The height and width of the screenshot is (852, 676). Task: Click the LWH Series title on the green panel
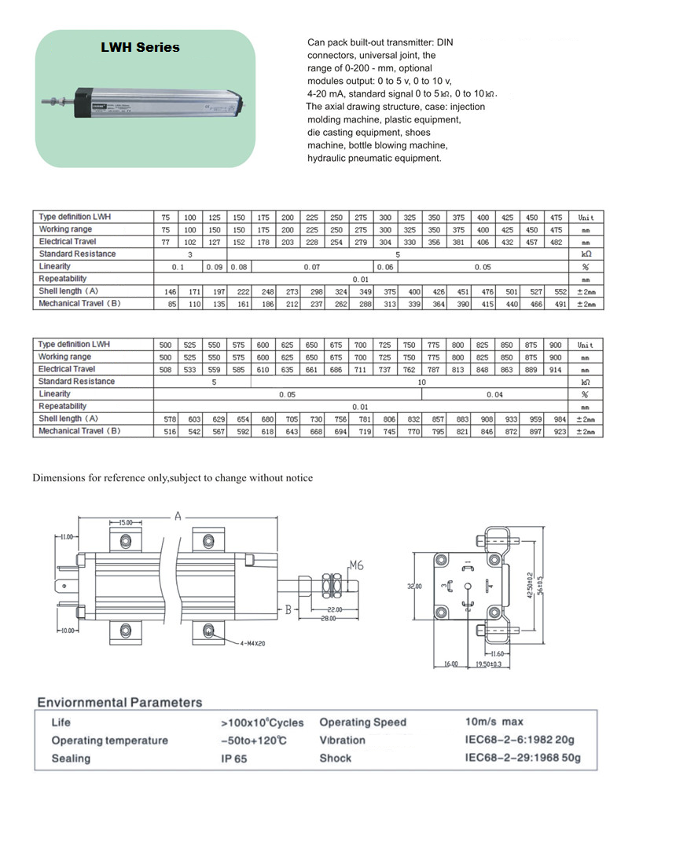click(140, 47)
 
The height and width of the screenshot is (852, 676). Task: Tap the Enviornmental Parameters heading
click(119, 702)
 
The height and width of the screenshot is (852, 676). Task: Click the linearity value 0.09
click(214, 266)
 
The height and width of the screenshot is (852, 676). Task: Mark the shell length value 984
click(560, 419)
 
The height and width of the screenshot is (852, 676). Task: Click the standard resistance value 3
click(189, 254)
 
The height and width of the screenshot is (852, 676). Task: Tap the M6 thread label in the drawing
click(356, 565)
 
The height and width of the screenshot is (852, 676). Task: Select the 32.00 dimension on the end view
click(413, 586)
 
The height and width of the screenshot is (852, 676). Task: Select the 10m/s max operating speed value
click(494, 721)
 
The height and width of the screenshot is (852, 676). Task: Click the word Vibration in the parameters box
click(342, 740)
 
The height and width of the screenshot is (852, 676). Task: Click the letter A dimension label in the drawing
click(178, 516)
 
